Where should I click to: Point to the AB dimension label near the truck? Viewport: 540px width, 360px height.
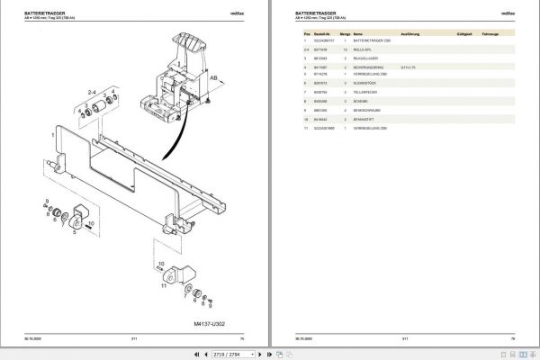tap(214, 78)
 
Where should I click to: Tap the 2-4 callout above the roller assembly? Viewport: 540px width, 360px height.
tap(92, 92)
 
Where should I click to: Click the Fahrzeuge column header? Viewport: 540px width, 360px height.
tap(491, 31)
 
